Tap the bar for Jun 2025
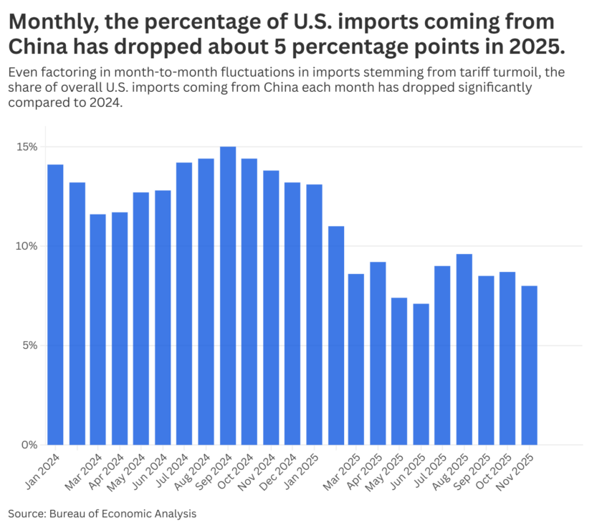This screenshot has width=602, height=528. click(421, 374)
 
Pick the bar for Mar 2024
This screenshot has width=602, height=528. click(98, 329)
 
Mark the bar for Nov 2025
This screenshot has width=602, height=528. click(529, 365)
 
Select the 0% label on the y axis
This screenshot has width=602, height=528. click(29, 445)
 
